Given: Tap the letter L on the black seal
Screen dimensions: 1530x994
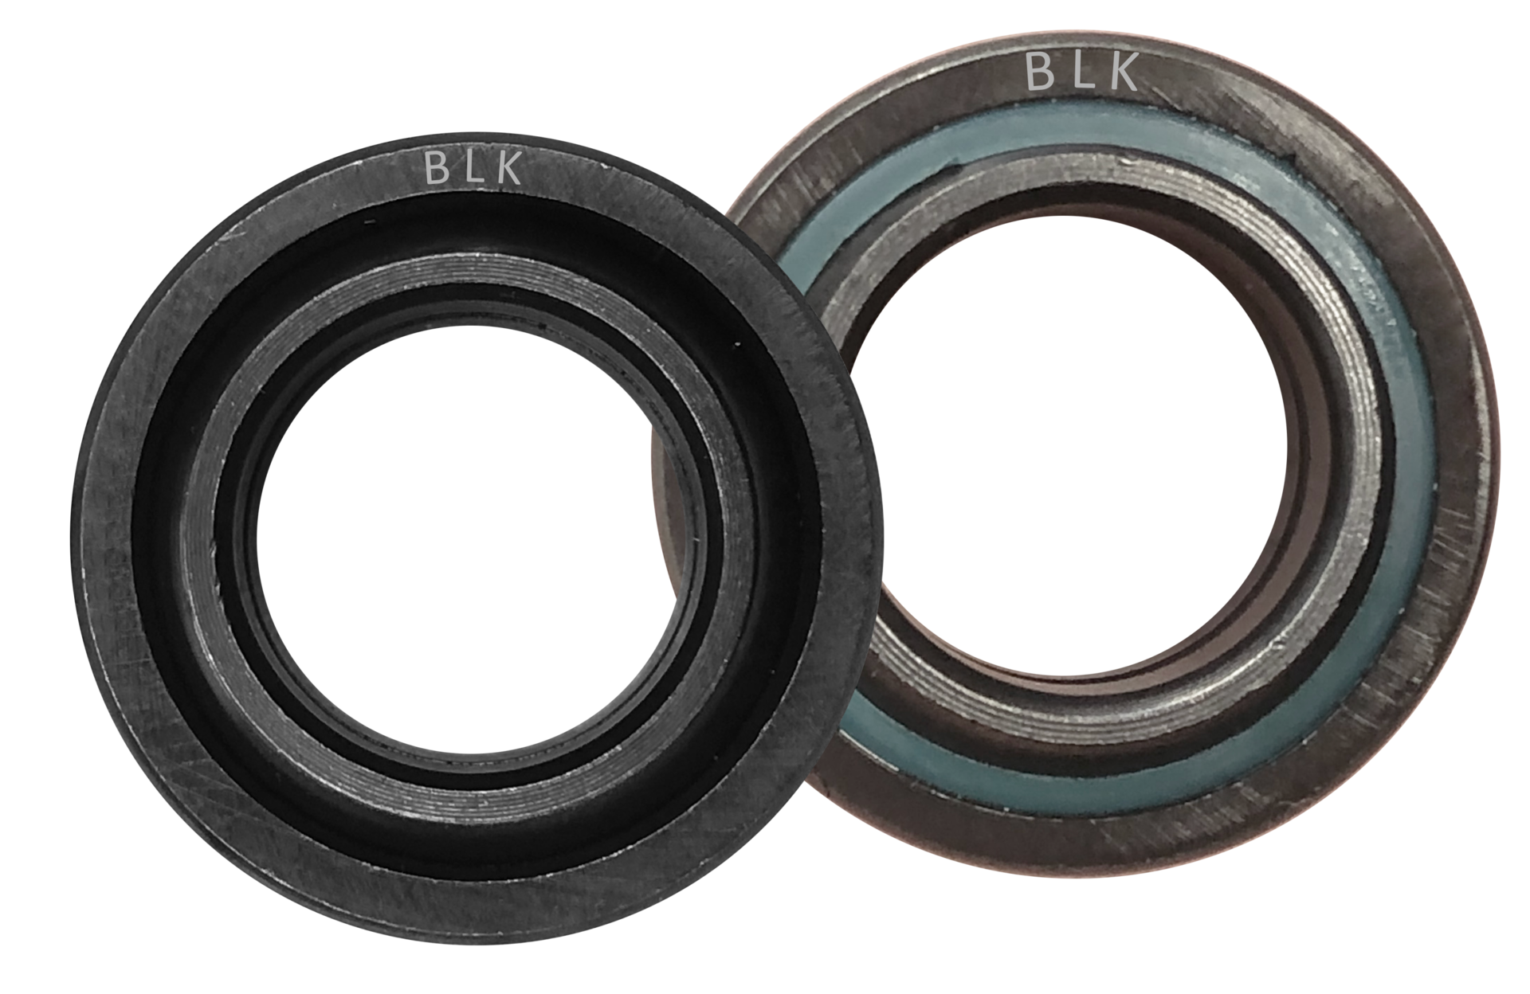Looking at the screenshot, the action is point(475,168).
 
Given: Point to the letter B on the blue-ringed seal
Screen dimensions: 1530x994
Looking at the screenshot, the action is point(1040,71).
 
